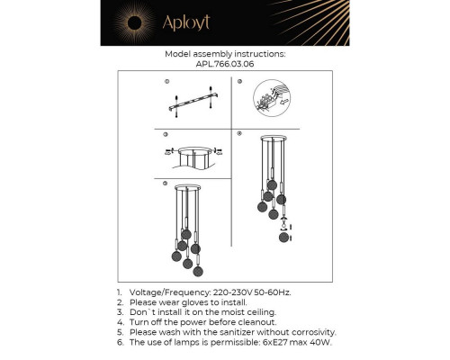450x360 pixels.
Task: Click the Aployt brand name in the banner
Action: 186,22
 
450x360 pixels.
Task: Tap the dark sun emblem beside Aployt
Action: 134,23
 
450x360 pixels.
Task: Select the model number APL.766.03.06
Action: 225,64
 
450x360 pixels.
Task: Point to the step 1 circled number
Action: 167,81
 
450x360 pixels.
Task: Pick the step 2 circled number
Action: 239,81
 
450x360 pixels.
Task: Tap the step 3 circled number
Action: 166,134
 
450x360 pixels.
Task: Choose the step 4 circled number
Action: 239,133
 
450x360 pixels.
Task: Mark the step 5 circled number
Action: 165,184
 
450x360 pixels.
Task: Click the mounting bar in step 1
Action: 193,102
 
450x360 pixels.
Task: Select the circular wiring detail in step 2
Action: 272,98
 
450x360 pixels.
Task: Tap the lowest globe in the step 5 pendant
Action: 198,271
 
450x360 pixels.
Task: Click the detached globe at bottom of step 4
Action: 283,238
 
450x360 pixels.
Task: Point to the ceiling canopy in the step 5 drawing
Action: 188,188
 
